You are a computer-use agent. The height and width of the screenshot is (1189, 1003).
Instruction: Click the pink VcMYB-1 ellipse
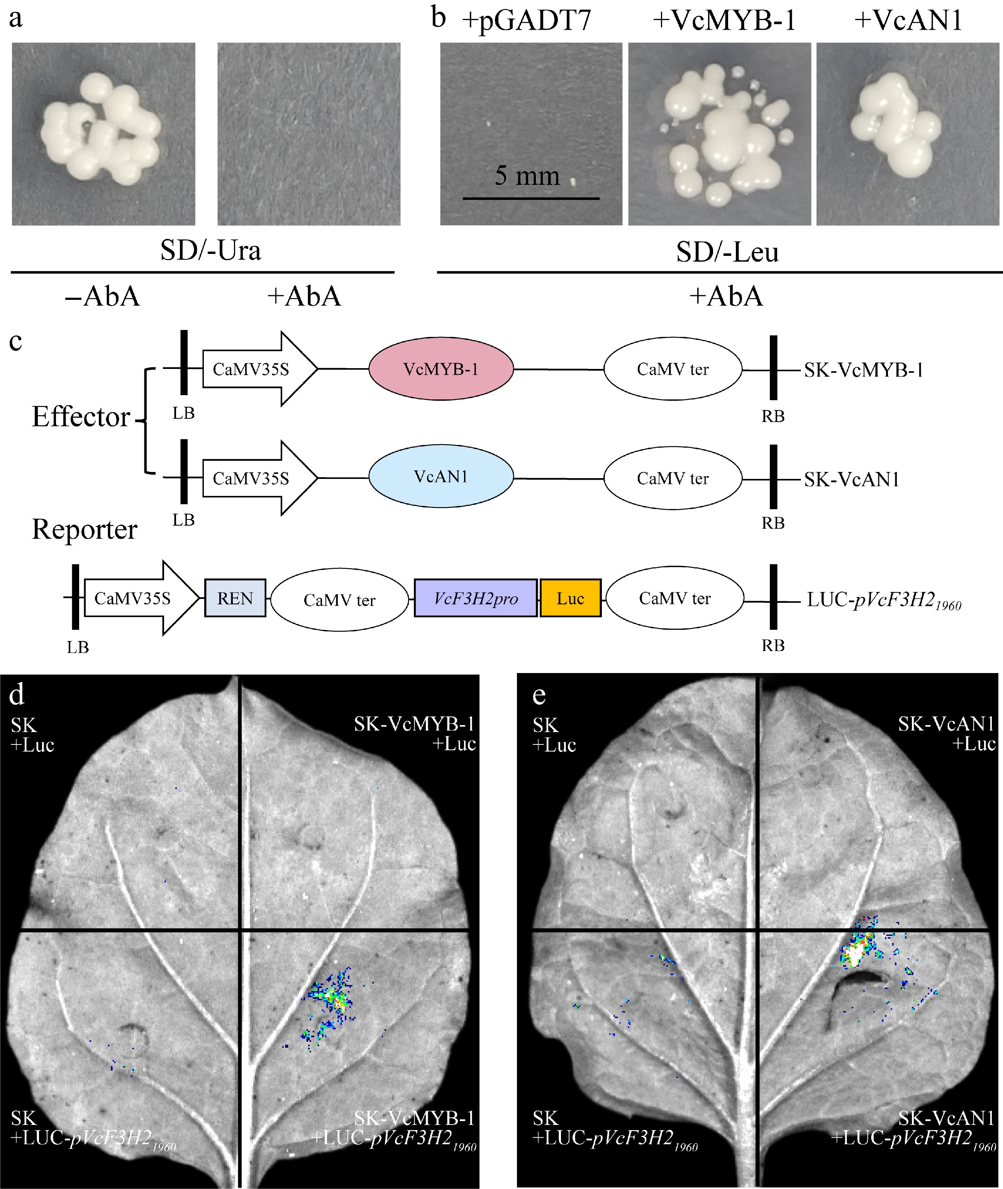pyautogui.click(x=441, y=369)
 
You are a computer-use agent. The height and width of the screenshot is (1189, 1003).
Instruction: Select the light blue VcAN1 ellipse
pyautogui.click(x=441, y=476)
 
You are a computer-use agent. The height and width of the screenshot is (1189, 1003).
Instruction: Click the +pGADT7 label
pyautogui.click(x=526, y=20)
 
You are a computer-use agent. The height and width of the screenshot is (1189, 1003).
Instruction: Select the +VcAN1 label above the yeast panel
pyautogui.click(x=908, y=20)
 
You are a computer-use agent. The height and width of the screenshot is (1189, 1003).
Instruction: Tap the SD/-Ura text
pyautogui.click(x=210, y=250)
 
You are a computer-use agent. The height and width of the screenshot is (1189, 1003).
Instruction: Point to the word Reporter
pyautogui.click(x=84, y=529)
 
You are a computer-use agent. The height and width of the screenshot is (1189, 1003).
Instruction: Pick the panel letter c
pyautogui.click(x=16, y=341)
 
